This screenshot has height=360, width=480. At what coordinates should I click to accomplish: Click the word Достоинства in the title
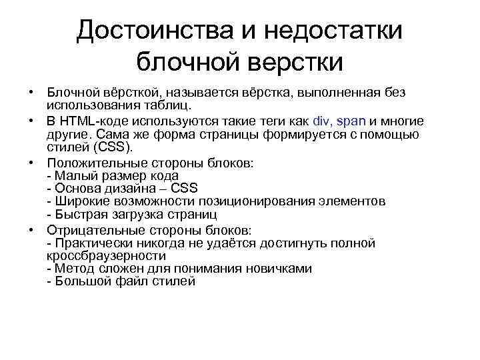coord(151,31)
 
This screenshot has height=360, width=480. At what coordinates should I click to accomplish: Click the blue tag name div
coord(321,121)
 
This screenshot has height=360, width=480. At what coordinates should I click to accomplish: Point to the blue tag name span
coord(351,121)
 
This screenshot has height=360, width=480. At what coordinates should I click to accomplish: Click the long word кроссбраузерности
coord(106,255)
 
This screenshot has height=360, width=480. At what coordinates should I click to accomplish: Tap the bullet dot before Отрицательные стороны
coord(31,229)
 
